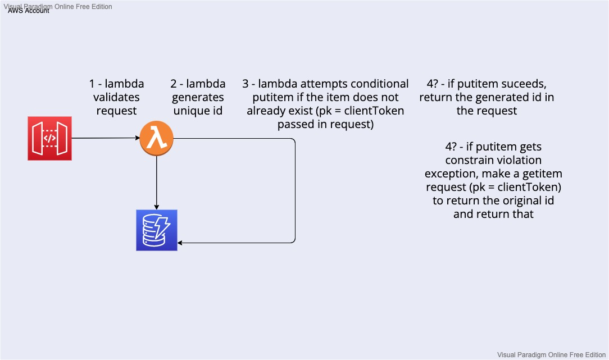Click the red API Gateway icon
coord(49,138)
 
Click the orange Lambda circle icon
coord(156,138)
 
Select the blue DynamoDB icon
coord(157,230)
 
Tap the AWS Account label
coord(28,11)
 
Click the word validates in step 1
coord(116,97)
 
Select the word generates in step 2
coord(198,97)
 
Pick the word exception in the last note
coord(451,174)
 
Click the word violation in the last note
coord(517,160)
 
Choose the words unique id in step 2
coord(198,111)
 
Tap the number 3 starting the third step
coord(246,84)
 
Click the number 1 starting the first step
coord(92,84)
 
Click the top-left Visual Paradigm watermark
coord(58,6)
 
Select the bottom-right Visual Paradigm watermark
coord(551,354)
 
